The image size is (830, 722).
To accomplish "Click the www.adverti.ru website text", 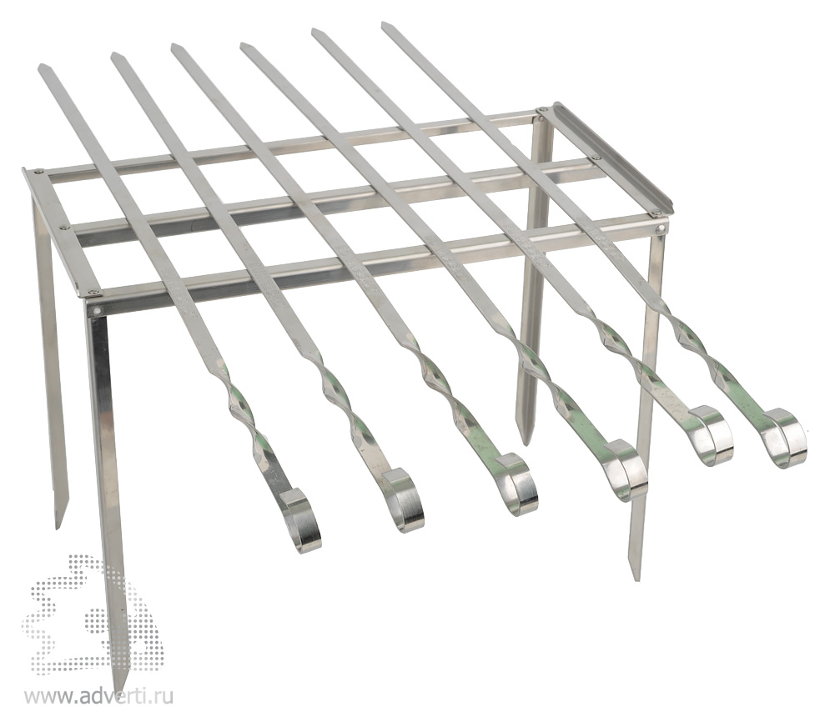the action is pyautogui.click(x=98, y=697).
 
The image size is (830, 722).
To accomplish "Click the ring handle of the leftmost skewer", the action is pyautogui.click(x=302, y=519).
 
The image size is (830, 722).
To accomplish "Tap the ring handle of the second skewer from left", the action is pyautogui.click(x=404, y=500).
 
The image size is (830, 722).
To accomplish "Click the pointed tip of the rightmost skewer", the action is pyautogui.click(x=384, y=24).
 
